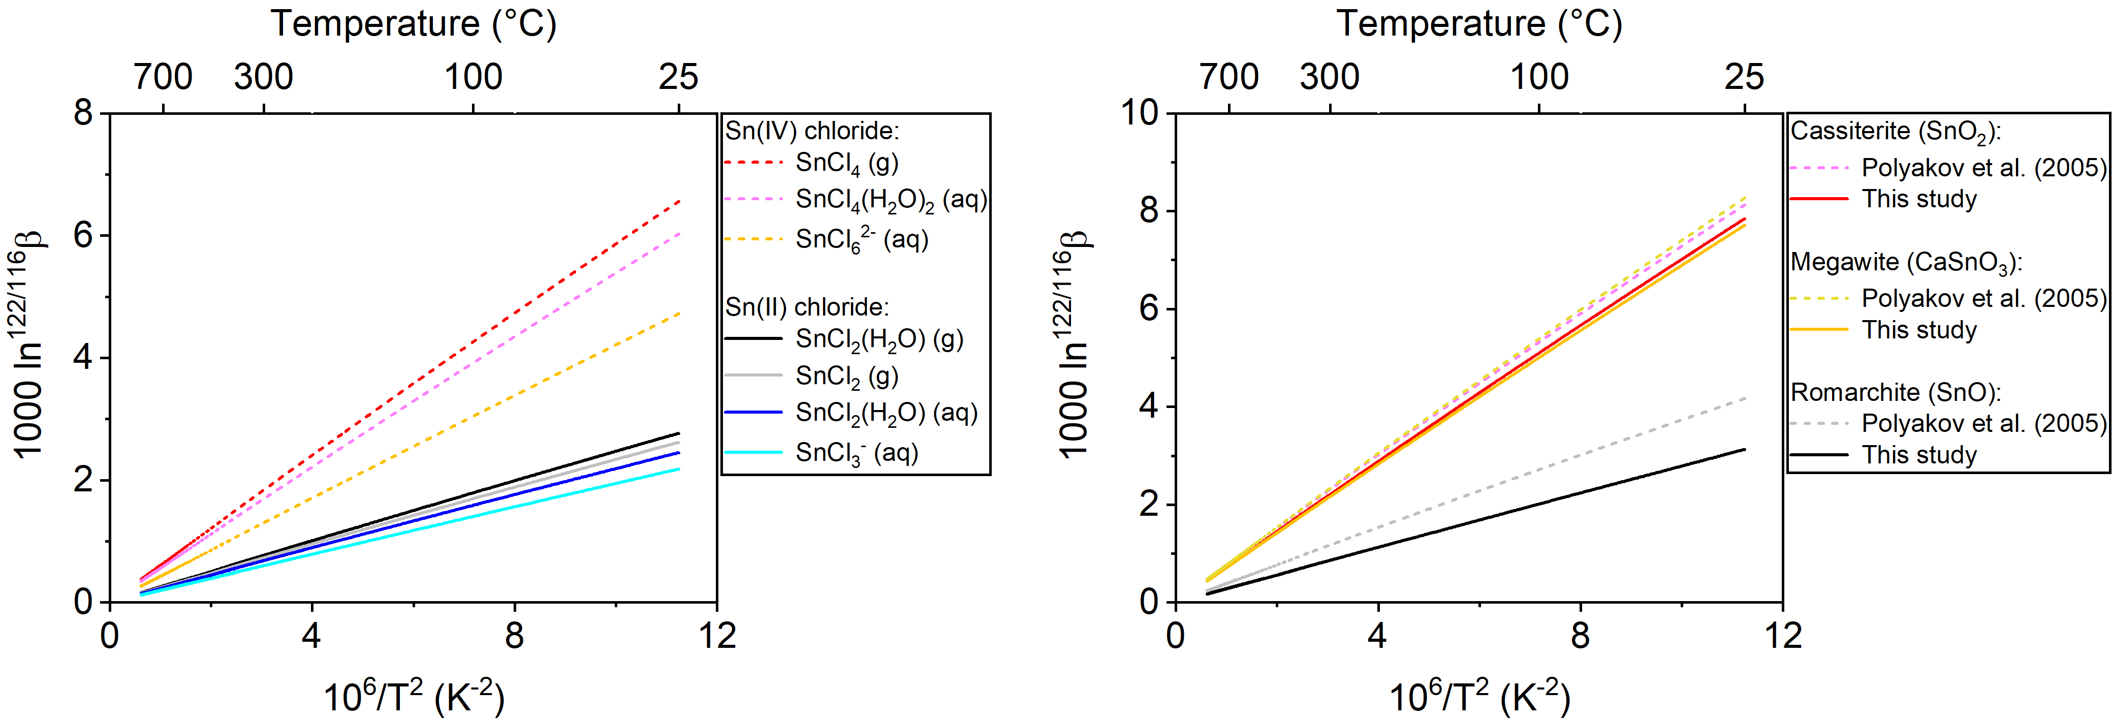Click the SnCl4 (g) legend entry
tap(847, 163)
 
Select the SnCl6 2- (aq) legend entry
tap(862, 239)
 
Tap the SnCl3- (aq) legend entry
tap(857, 453)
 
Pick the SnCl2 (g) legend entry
tap(847, 377)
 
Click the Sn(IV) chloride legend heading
tap(812, 131)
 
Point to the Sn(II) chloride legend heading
tap(807, 307)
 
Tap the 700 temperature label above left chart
tap(163, 77)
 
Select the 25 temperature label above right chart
tap(1744, 77)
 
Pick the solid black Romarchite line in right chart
tap(1476, 521)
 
